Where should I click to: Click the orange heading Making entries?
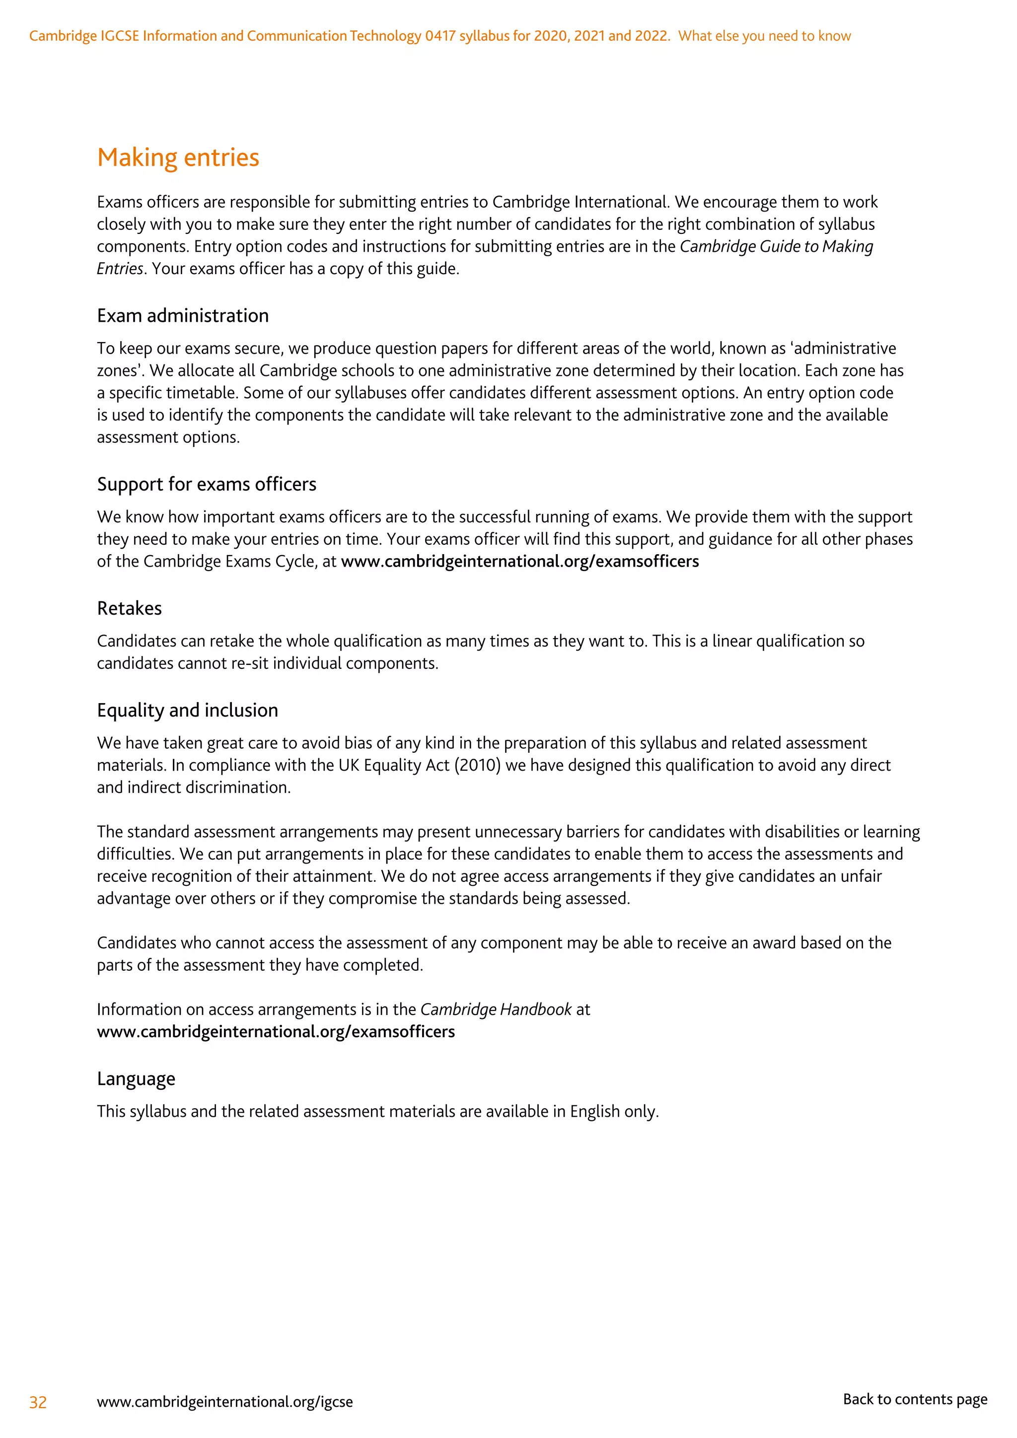click(x=178, y=157)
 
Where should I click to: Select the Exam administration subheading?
click(x=182, y=316)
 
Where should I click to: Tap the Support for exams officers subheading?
click(x=206, y=484)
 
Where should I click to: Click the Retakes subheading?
click(x=129, y=608)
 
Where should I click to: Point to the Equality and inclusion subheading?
click(x=187, y=710)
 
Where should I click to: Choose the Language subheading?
click(x=136, y=1078)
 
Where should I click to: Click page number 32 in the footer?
click(x=38, y=1402)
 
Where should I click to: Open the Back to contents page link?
click(x=915, y=1399)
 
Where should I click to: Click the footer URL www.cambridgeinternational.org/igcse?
click(x=225, y=1402)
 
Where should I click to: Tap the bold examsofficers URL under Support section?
click(x=520, y=561)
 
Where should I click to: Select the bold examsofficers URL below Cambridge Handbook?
click(x=276, y=1031)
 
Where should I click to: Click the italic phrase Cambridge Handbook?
click(x=496, y=1009)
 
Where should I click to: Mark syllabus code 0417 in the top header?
click(x=440, y=36)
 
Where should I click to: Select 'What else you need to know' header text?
click(x=764, y=36)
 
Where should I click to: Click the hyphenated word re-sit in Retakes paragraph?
click(x=250, y=663)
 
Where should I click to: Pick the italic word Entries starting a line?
click(x=120, y=269)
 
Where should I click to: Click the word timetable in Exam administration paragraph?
click(x=204, y=393)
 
